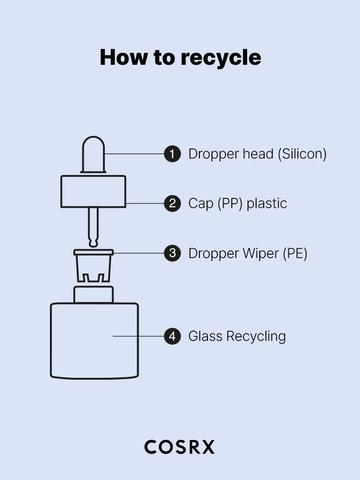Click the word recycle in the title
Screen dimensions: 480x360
(220, 58)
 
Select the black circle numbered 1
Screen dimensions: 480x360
(172, 154)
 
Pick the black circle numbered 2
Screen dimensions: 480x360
(172, 203)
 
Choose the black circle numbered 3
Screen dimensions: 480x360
(172, 253)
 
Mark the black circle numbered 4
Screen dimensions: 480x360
(172, 336)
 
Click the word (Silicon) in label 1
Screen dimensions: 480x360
(302, 154)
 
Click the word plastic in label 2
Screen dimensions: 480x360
(267, 203)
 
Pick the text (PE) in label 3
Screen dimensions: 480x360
(295, 253)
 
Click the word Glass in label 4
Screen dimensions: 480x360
(205, 336)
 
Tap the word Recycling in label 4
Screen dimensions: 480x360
(256, 336)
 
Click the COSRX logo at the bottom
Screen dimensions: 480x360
(180, 447)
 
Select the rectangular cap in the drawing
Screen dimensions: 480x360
(93, 192)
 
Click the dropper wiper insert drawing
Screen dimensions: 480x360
(93, 265)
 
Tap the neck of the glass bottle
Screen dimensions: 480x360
(93, 294)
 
